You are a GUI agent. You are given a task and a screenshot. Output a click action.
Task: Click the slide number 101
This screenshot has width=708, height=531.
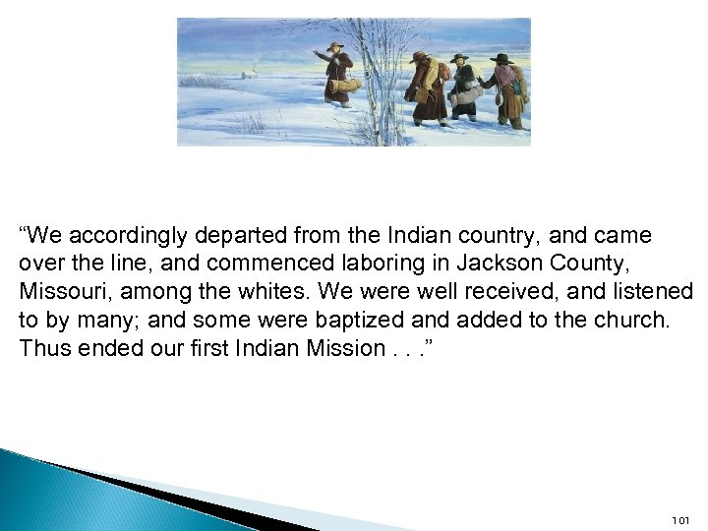[x=680, y=519]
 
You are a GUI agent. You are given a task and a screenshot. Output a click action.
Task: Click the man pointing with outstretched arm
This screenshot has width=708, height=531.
[x=337, y=74]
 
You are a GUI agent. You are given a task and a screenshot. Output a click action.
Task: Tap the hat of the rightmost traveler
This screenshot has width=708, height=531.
[x=501, y=59]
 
